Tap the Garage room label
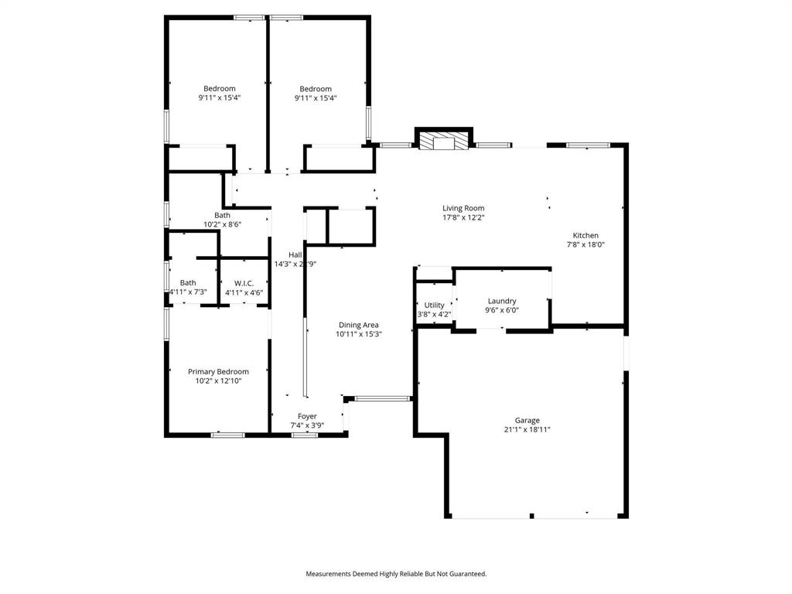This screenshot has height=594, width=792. tap(527, 421)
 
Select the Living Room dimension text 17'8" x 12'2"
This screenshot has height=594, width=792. tap(463, 217)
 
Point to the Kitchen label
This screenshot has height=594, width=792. tap(585, 236)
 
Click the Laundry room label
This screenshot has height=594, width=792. tap(502, 301)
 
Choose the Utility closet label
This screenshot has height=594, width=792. tap(434, 306)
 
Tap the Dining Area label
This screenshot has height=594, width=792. tap(359, 325)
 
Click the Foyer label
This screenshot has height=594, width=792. tap(307, 416)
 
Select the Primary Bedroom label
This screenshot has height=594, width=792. tap(218, 372)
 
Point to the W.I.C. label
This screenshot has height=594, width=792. tap(244, 283)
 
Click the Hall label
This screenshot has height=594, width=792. tap(295, 254)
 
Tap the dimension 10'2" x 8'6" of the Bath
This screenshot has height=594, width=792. tap(222, 224)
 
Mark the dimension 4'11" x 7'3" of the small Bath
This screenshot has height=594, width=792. tap(188, 292)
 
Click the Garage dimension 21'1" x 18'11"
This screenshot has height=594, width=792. tap(527, 430)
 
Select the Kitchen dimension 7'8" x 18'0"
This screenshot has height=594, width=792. tap(585, 245)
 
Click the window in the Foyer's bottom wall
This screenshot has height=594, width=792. tap(305, 435)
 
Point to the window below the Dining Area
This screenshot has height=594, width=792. tap(382, 398)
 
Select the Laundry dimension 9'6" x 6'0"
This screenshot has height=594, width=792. tap(502, 310)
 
